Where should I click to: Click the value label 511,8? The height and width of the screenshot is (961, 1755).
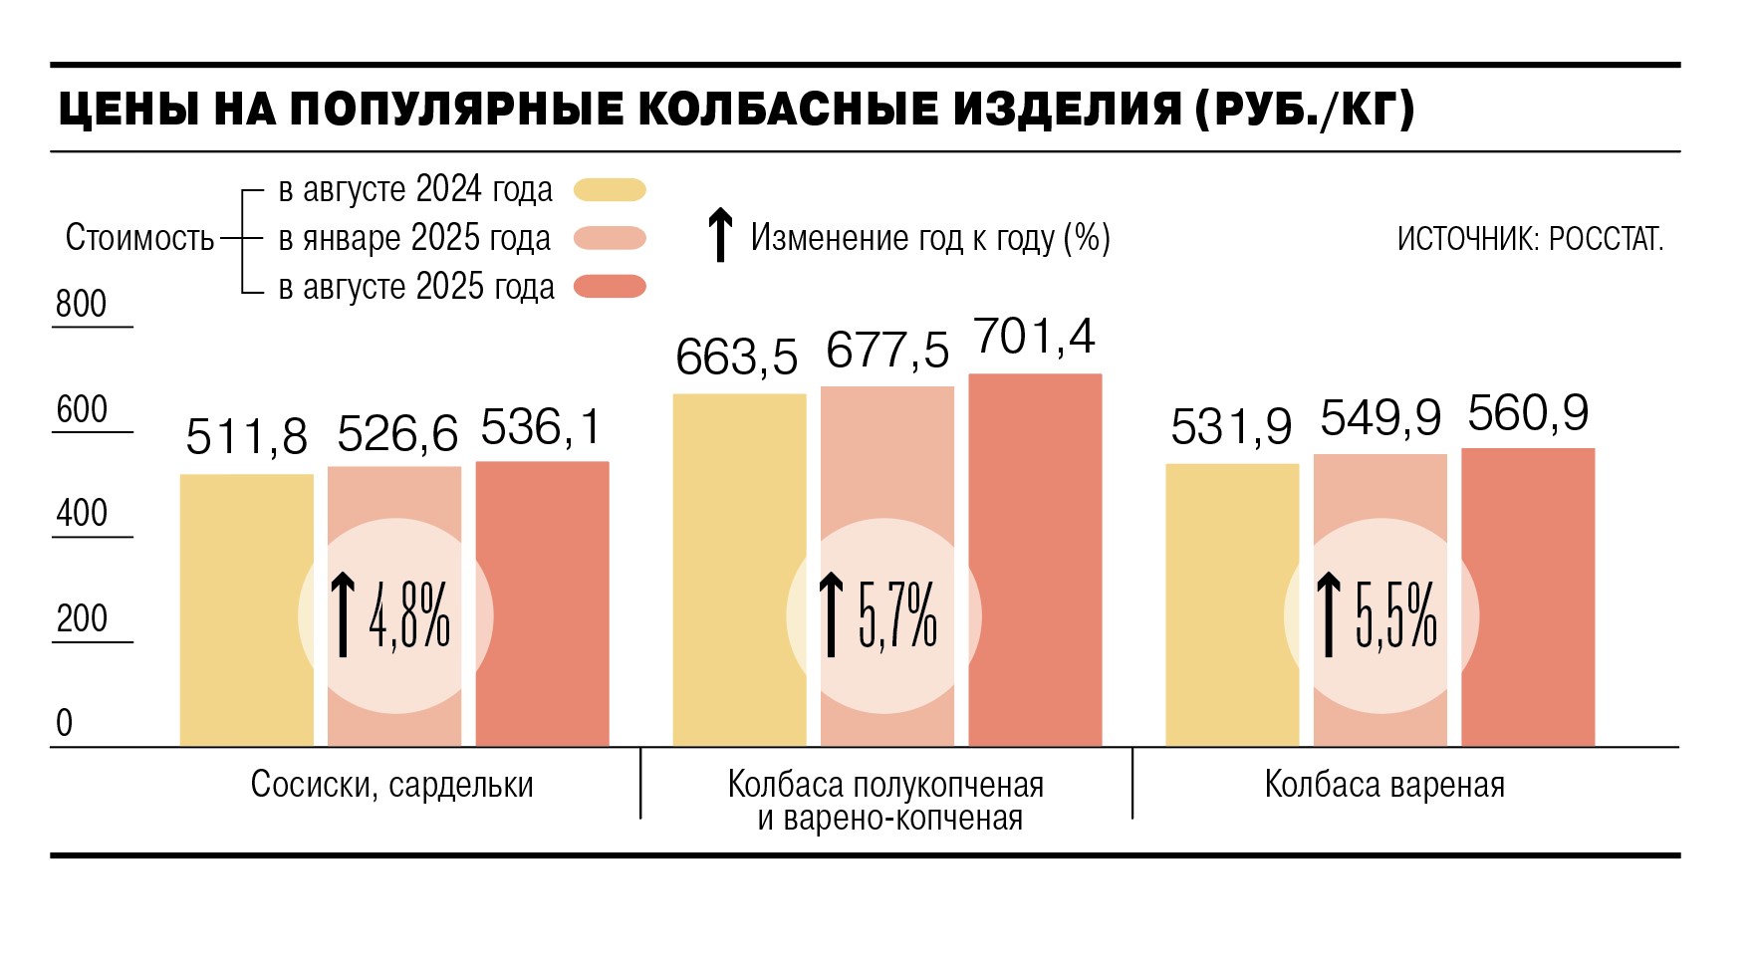click(246, 436)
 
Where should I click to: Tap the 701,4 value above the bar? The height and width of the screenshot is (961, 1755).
click(1034, 337)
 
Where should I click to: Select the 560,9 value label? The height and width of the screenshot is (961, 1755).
click(1527, 413)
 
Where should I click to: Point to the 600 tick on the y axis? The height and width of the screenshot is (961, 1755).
click(82, 409)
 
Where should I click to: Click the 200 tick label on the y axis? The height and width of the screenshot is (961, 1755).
click(82, 618)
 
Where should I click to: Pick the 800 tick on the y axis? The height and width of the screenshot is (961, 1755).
click(82, 304)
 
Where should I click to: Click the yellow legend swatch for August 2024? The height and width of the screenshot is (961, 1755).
click(610, 189)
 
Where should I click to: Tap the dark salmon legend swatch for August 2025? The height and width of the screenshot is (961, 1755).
click(610, 287)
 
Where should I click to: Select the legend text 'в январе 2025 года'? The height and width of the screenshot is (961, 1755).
click(414, 238)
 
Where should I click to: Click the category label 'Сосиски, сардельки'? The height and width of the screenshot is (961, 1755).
click(391, 785)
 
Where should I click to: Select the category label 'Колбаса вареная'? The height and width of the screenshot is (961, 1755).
click(1383, 785)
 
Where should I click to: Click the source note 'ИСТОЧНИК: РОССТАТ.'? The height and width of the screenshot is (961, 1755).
click(1530, 239)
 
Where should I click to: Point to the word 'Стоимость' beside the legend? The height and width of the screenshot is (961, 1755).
click(139, 238)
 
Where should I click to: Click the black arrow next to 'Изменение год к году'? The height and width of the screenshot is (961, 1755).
click(719, 236)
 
